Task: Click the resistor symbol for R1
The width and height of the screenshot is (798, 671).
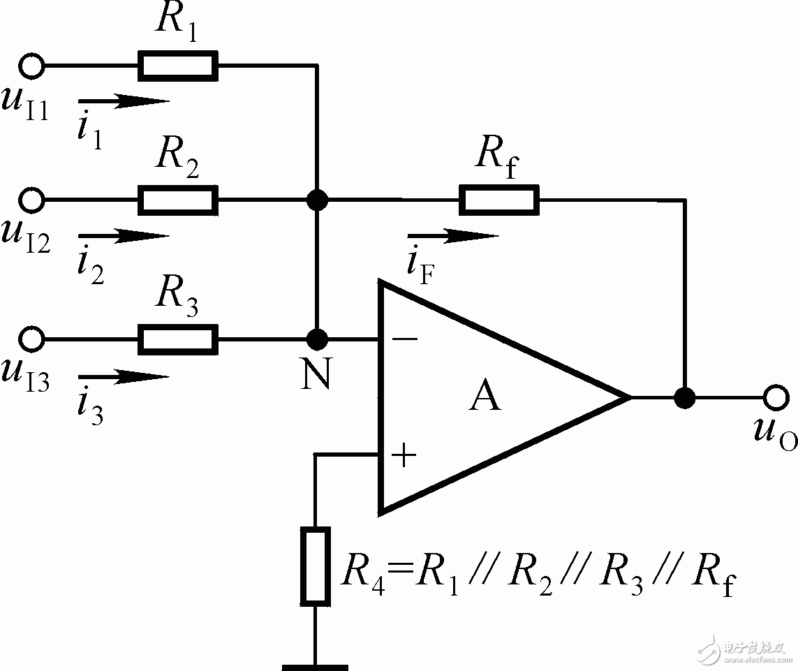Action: (x=178, y=66)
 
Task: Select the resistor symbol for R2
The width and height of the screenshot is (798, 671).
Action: (x=178, y=200)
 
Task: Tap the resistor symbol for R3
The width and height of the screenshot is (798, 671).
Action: (x=178, y=340)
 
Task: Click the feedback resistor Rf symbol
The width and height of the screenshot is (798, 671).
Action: (x=498, y=200)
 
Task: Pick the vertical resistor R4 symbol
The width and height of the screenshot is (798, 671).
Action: (x=315, y=566)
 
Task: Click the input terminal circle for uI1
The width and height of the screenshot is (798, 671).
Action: (x=31, y=66)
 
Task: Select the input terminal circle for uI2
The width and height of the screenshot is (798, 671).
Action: (x=31, y=200)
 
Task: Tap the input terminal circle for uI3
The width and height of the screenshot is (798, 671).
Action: (x=31, y=340)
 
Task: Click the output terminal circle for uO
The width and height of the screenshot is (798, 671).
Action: (x=774, y=398)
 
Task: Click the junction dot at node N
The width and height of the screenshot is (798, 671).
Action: (x=318, y=340)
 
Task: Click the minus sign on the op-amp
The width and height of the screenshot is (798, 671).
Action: (x=406, y=340)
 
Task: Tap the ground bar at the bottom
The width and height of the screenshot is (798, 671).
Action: (x=315, y=667)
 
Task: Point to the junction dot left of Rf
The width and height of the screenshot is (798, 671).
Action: (x=318, y=200)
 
